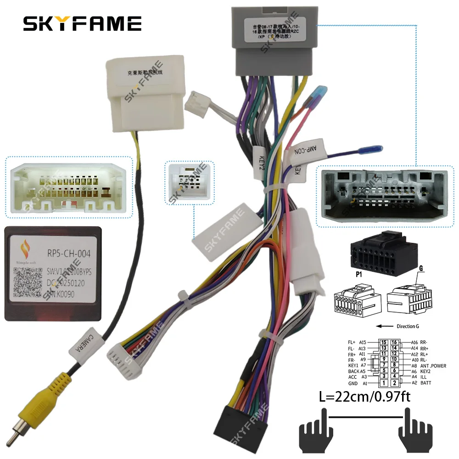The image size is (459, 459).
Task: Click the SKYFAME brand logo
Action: click(x=82, y=23)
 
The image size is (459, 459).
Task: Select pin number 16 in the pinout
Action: click(x=394, y=342)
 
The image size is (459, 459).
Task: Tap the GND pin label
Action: click(x=353, y=383)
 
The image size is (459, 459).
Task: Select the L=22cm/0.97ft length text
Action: click(x=359, y=397)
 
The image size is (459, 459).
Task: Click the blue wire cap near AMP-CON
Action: click(x=375, y=150)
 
